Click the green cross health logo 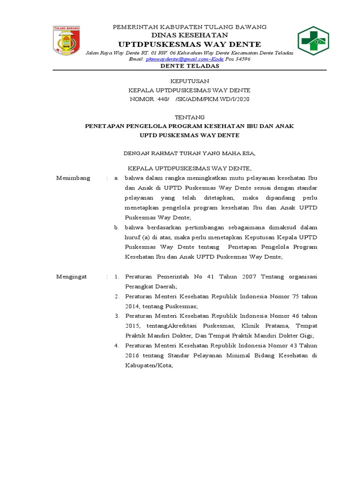tap(314, 41)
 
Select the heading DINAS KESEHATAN tap(189, 35)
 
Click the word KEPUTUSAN tap(189, 81)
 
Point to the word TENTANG tap(189, 117)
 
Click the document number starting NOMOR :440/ tap(189, 99)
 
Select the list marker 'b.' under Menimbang tap(117, 227)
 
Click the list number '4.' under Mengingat tap(117, 345)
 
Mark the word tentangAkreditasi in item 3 tap(166, 326)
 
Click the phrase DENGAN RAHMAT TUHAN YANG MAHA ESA tap(189, 152)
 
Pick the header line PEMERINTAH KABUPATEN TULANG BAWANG tap(189, 27)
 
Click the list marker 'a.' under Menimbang tap(117, 179)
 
